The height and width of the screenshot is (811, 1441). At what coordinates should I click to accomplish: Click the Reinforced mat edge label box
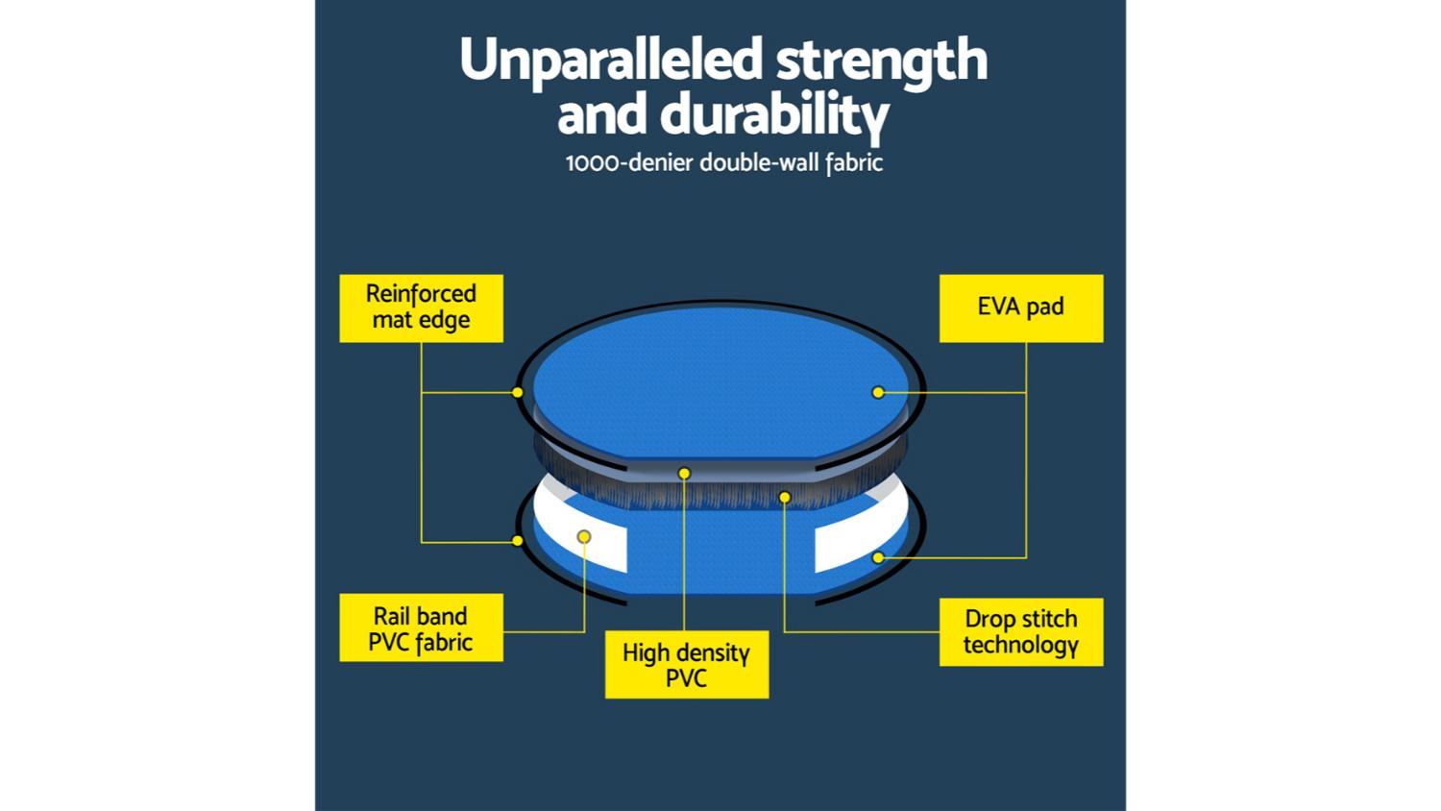(x=422, y=308)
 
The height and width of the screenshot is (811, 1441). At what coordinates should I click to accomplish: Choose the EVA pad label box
(x=1021, y=308)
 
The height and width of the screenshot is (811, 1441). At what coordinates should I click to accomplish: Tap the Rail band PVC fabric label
(x=422, y=627)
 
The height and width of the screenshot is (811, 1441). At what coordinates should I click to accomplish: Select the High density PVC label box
(x=687, y=664)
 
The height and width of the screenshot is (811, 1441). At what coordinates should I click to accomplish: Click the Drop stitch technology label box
(x=1021, y=632)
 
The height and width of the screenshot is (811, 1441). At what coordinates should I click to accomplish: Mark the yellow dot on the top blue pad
(x=878, y=392)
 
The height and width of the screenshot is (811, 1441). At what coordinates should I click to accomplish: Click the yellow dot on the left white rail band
(x=584, y=536)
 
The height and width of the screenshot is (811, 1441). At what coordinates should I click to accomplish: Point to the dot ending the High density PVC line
(x=684, y=474)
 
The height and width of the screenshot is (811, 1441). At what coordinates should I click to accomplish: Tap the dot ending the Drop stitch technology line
(x=784, y=497)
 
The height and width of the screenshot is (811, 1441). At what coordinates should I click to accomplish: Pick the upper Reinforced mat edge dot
(x=517, y=392)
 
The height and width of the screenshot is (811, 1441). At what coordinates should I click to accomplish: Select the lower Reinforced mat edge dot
(x=517, y=541)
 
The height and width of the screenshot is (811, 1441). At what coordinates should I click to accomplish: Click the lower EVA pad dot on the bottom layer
(x=878, y=557)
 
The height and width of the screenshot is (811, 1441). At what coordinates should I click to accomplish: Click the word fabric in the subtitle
(x=854, y=163)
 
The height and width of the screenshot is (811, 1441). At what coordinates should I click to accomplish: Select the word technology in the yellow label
(x=1021, y=646)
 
